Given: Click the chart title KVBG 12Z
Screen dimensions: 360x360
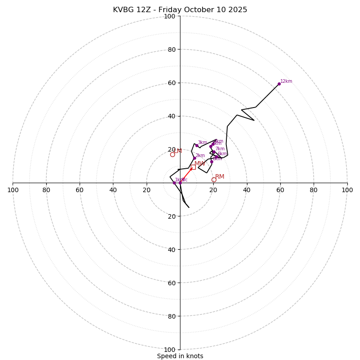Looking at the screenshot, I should point(180,10).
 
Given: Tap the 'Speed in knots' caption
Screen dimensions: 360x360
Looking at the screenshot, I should point(180,356).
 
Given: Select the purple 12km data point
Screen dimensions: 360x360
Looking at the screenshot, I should point(279,84).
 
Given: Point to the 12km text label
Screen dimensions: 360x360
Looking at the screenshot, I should point(286,81).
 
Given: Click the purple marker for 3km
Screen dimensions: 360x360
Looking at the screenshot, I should point(197,145).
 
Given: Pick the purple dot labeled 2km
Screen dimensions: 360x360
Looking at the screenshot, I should point(194,158).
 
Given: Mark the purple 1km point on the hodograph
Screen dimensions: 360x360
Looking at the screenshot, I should point(174,183).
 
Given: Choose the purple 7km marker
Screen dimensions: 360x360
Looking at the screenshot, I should point(214,152).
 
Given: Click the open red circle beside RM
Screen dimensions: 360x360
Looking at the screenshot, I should point(214,180).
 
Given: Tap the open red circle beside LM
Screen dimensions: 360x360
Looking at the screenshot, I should point(172,154).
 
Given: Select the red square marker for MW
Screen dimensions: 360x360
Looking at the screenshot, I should point(193,167).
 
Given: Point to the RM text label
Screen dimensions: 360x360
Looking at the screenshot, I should point(220,177).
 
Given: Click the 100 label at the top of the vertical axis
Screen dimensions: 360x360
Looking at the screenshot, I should point(170,16).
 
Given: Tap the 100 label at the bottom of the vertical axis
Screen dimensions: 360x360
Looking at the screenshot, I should point(170,350).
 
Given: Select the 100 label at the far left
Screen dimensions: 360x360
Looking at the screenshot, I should point(13,190).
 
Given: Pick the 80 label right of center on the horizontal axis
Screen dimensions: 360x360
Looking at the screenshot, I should point(314,190).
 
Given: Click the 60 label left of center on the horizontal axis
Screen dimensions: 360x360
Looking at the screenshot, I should point(80,190).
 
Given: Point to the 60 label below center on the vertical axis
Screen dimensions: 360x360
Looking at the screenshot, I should point(171,283).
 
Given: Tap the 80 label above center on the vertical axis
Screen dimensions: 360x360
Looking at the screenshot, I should point(171,49).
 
